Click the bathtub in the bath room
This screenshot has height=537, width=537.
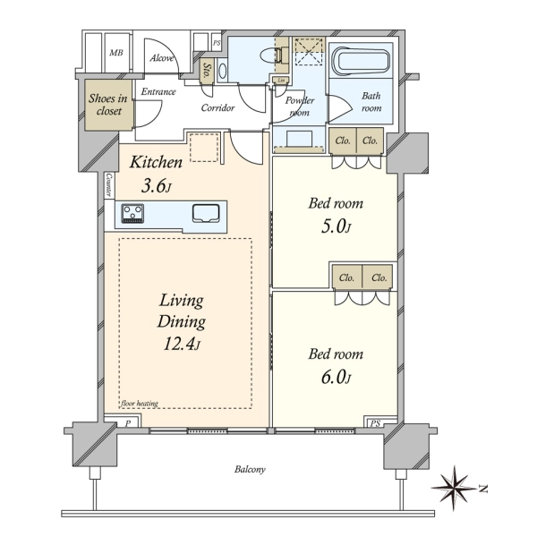[x=363, y=61]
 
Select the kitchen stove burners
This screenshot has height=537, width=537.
[x=132, y=213]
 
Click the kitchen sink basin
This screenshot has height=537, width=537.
[x=206, y=213]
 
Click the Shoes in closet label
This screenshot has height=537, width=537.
[x=108, y=105]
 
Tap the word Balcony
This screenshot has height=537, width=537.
[x=250, y=469]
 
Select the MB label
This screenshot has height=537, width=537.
[x=116, y=53]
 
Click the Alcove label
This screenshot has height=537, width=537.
[x=162, y=58]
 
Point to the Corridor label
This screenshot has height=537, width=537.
[x=217, y=108]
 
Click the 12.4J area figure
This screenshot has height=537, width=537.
[x=181, y=344]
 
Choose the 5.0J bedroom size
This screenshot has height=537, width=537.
[x=336, y=226]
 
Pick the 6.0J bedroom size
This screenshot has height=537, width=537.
[x=336, y=378]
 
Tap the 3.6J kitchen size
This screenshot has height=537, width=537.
[x=156, y=187]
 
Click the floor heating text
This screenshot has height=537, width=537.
[x=140, y=404]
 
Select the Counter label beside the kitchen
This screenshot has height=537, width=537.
[x=109, y=185]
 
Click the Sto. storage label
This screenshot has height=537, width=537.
[x=207, y=70]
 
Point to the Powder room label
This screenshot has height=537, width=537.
[x=300, y=107]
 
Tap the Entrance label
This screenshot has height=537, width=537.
[x=158, y=91]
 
